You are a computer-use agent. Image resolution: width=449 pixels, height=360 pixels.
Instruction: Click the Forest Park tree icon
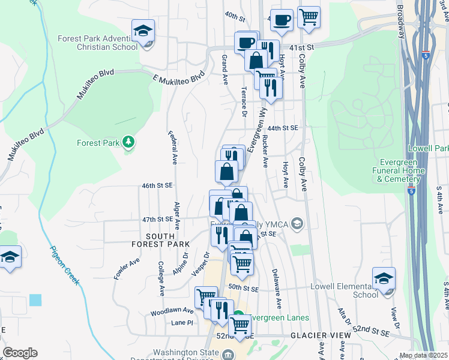point(127,142)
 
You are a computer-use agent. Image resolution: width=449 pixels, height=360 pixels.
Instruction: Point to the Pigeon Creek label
point(65,265)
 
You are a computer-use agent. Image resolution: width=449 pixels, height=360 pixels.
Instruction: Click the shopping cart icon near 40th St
point(309,17)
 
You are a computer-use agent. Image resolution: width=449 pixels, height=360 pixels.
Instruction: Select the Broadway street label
point(399,21)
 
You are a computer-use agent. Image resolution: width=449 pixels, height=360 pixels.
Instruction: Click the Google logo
point(20,353)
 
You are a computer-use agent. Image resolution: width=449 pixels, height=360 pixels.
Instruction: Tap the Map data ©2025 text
point(423,355)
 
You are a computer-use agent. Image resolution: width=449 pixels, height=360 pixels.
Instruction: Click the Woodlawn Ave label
point(172,311)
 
